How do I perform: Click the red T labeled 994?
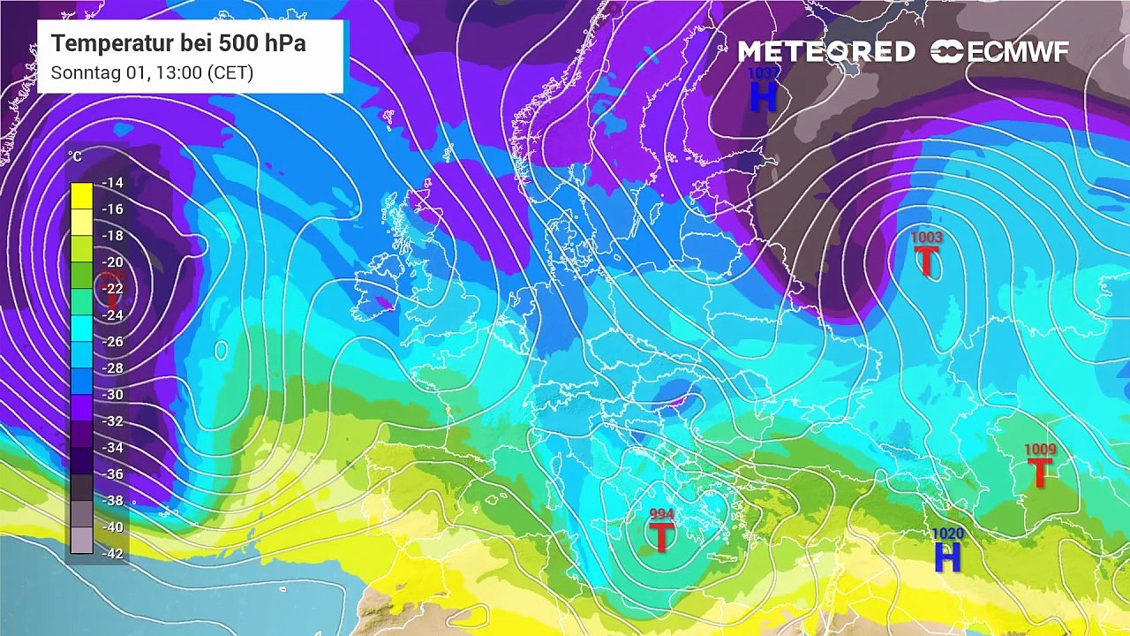[661, 536]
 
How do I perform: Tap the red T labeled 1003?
[926, 261]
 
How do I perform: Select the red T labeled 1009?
[1040, 473]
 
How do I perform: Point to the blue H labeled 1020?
[947, 557]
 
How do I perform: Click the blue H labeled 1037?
[764, 96]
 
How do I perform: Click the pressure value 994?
[661, 514]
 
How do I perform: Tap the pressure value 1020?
[948, 534]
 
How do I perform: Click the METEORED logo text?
[826, 52]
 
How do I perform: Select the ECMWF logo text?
[1017, 52]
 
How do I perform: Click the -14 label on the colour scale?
[113, 183]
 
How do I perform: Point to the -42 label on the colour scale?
[113, 554]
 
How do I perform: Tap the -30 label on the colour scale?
[113, 395]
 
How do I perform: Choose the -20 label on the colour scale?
[113, 262]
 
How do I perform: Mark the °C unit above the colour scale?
[75, 157]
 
